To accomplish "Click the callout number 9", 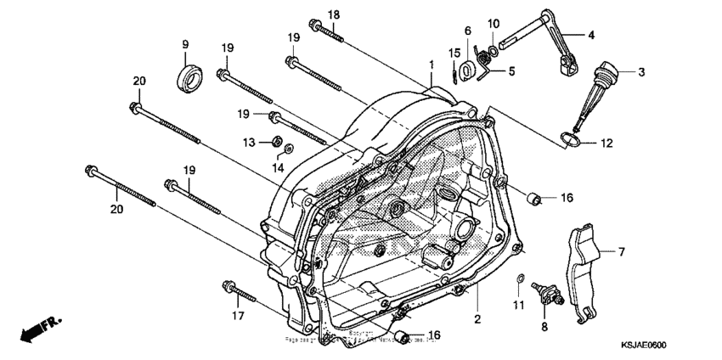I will [x=183, y=44].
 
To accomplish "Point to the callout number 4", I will [x=592, y=36].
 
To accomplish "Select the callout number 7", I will [x=621, y=252].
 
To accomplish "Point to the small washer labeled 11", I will [x=520, y=278].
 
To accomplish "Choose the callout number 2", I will [x=477, y=319].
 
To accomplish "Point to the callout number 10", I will [x=493, y=22].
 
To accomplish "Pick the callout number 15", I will [x=454, y=53].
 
